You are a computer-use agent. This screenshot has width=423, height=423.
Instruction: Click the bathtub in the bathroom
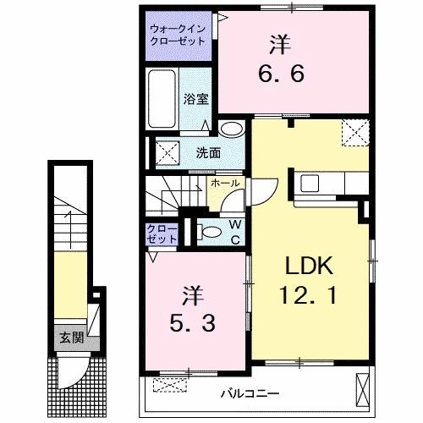(163, 99)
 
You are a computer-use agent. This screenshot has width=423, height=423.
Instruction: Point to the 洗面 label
(208, 153)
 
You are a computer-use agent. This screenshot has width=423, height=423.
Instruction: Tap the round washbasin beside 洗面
(230, 129)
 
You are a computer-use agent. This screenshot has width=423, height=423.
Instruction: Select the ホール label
(224, 184)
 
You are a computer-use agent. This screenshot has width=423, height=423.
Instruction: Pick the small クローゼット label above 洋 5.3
(162, 234)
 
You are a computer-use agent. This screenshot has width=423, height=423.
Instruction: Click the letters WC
(233, 232)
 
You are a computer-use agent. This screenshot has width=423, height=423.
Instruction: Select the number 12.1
(308, 297)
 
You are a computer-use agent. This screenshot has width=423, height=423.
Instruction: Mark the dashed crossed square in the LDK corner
(353, 131)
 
